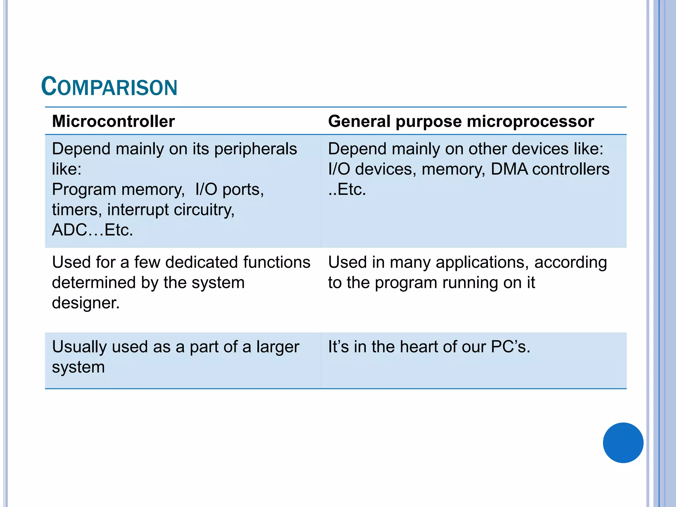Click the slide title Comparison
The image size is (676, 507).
pyautogui.click(x=109, y=86)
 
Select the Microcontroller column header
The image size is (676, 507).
pyautogui.click(x=113, y=121)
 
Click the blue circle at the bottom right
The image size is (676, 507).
pyautogui.click(x=623, y=443)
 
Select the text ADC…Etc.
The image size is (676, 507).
pyautogui.click(x=92, y=230)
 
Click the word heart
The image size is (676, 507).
pyautogui.click(x=417, y=347)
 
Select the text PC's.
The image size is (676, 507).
pyautogui.click(x=510, y=347)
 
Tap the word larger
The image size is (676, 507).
pyautogui.click(x=278, y=347)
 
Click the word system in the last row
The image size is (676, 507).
pyautogui.click(x=78, y=367)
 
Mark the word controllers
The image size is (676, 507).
pyautogui.click(x=571, y=169)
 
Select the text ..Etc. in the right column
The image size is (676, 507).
pyautogui.click(x=347, y=189)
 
